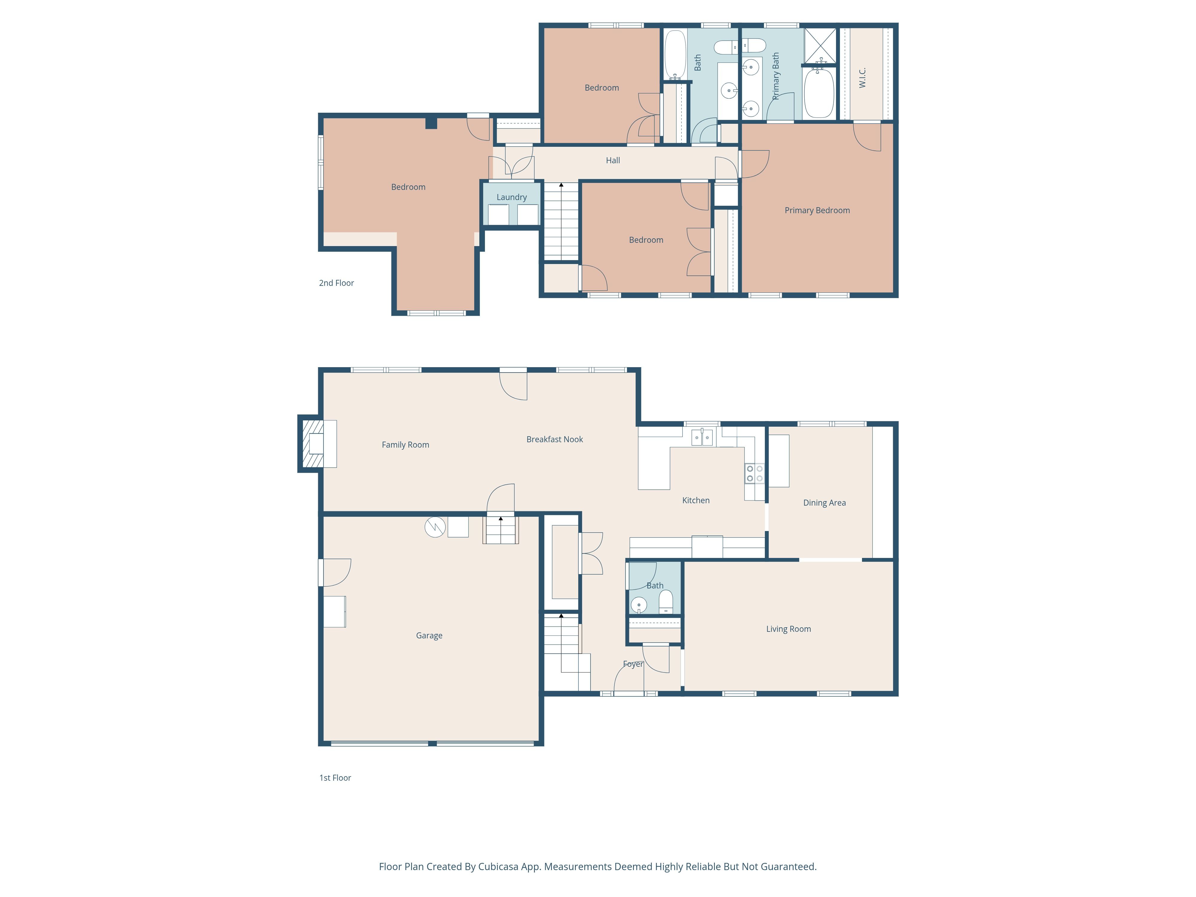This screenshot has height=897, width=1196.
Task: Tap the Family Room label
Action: pos(405,444)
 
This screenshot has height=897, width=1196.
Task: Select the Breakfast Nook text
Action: pos(555,439)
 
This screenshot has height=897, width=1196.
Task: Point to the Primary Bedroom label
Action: pos(817,210)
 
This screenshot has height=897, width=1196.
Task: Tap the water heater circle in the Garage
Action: pos(435,527)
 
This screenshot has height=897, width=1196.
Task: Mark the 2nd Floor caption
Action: pos(336,283)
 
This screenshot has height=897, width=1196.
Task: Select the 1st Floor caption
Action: pos(335,777)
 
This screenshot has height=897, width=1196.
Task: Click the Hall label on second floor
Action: pos(613,160)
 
